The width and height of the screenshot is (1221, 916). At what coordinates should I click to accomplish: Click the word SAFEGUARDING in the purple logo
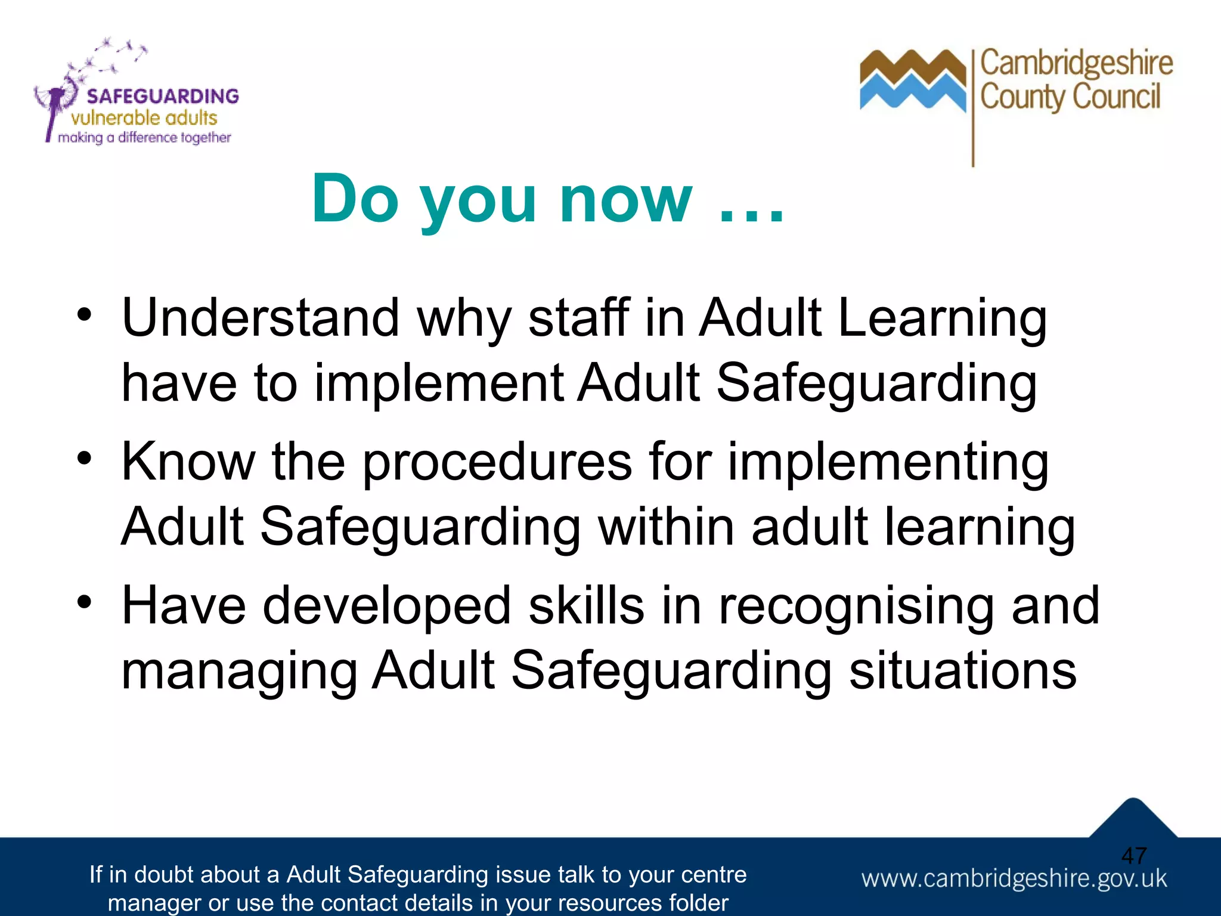[x=162, y=96]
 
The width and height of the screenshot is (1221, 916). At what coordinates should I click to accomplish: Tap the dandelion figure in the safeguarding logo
[x=57, y=101]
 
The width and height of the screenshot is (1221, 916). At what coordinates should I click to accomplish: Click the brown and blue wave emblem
[x=912, y=81]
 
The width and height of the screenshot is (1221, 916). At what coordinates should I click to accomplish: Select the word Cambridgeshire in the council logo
[x=1076, y=64]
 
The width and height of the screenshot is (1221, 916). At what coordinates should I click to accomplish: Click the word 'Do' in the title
[x=355, y=199]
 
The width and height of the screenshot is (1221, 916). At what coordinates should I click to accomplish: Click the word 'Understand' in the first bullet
[x=260, y=318]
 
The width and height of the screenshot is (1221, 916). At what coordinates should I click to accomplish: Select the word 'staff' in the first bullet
[x=578, y=318]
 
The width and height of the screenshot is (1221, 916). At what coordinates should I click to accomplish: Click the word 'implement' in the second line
[x=439, y=383]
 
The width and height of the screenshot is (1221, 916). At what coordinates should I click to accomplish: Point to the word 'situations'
[x=962, y=671]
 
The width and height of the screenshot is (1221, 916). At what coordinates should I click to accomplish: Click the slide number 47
[x=1133, y=856]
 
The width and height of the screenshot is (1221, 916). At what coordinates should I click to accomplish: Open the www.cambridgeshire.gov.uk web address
[x=1014, y=878]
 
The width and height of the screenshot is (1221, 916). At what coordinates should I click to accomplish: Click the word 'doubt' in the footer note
[x=169, y=875]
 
